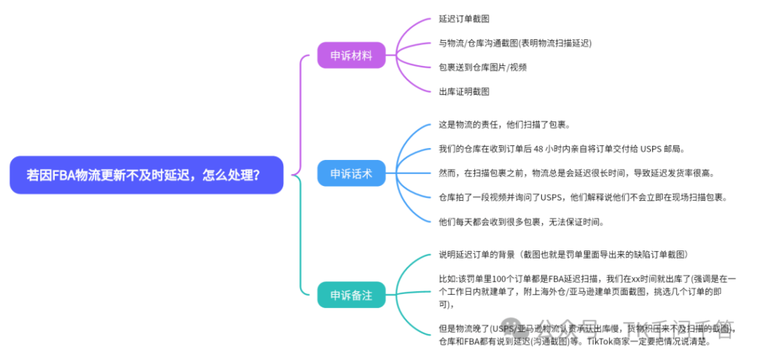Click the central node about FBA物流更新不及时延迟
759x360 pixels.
[146, 175]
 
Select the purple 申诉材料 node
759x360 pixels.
[351, 55]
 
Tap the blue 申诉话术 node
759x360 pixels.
[351, 174]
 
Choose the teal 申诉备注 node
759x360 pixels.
[351, 295]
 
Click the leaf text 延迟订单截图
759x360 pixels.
[464, 19]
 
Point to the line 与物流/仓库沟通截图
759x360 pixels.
[514, 43]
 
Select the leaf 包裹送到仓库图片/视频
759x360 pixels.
[483, 67]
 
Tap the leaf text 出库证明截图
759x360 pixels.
[464, 91]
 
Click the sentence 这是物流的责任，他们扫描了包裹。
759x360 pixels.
[504, 124]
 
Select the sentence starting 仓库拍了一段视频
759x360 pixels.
[583, 197]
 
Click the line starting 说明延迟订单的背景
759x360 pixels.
[568, 255]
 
